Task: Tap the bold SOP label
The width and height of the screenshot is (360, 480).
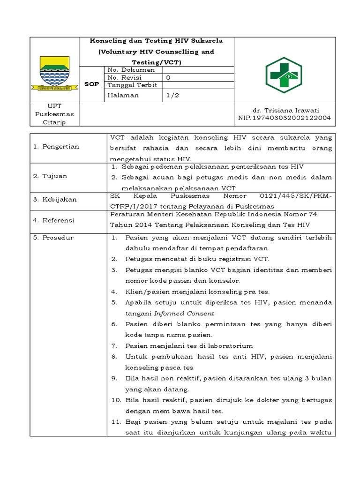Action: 91,84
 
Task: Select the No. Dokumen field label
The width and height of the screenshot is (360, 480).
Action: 125,70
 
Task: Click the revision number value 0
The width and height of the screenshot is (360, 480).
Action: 168,77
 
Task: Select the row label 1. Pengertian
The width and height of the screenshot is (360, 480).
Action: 56,147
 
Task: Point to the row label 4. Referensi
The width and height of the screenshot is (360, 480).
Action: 54,220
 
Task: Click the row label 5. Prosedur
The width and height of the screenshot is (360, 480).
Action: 52,238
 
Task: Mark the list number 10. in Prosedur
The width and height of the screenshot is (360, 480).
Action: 116,400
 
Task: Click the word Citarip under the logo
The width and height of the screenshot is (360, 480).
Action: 54,122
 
